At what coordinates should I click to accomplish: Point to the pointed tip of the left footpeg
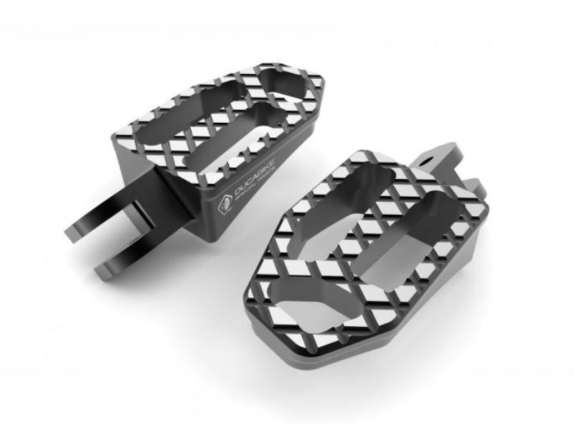(x=316, y=86)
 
